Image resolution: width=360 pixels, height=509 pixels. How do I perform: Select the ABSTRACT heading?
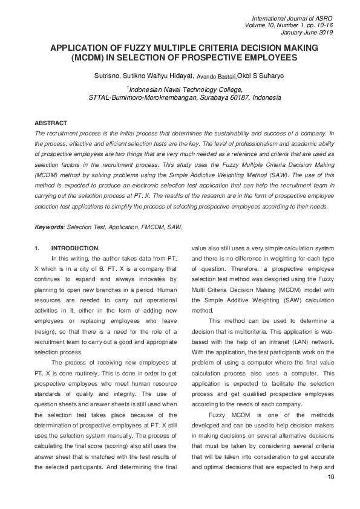coord(51,123)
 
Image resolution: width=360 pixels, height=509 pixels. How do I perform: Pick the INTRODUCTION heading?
coord(76,248)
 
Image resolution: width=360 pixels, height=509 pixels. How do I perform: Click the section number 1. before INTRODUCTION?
coord(38,248)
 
